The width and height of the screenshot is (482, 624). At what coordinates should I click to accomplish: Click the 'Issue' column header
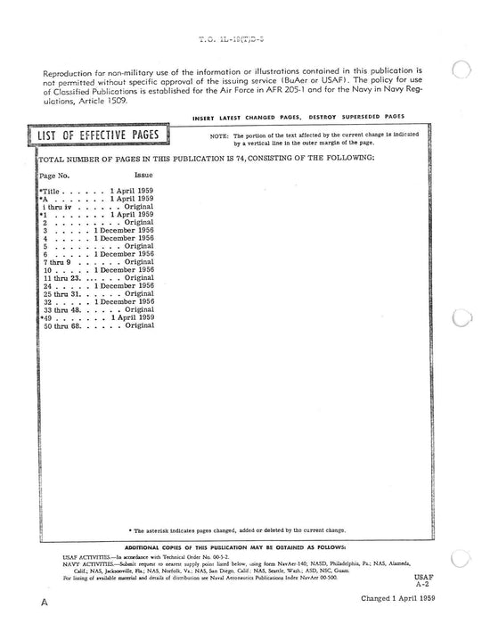pyautogui.click(x=130, y=177)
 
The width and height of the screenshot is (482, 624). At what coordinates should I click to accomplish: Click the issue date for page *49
pyautogui.click(x=135, y=317)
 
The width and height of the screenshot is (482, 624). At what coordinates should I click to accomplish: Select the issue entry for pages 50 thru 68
pyautogui.click(x=139, y=325)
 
